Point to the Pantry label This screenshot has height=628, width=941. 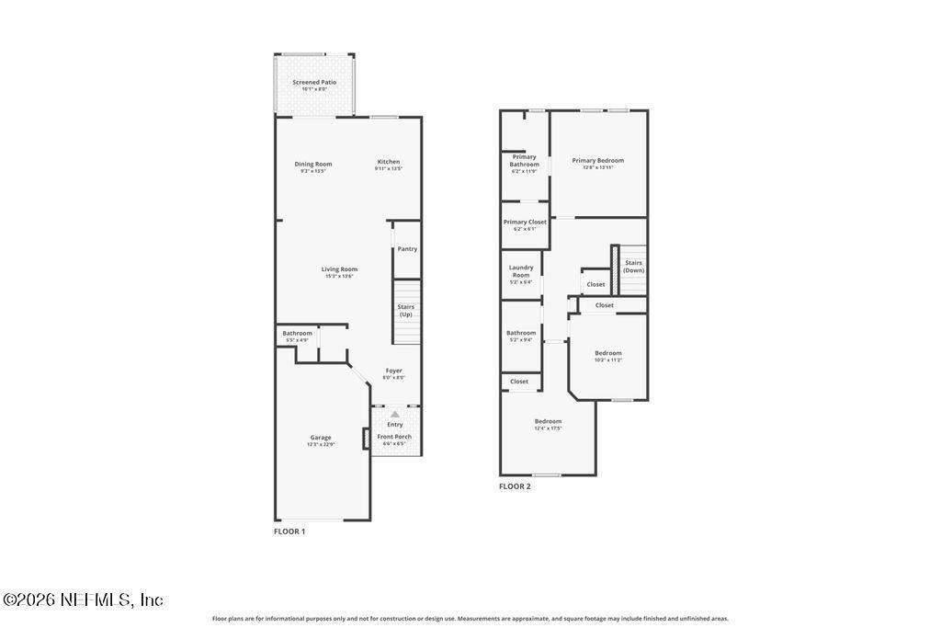407,249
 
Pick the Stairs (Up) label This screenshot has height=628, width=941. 406,310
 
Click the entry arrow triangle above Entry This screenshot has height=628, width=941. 395,414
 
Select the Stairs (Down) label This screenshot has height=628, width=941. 634,266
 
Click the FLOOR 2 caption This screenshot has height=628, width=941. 515,486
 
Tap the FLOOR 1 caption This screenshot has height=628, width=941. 289,531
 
